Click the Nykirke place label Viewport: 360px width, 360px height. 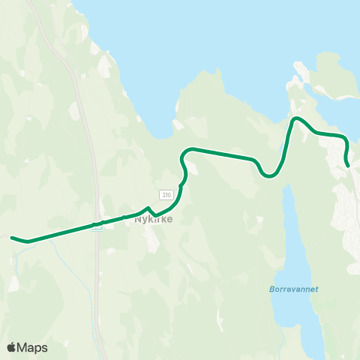pyautogui.click(x=149, y=220)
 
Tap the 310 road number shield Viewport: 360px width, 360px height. pyautogui.click(x=166, y=194)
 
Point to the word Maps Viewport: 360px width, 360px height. pyautogui.click(x=33, y=347)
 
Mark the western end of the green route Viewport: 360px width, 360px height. pyautogui.click(x=11, y=238)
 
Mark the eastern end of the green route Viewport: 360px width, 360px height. pyautogui.click(x=348, y=165)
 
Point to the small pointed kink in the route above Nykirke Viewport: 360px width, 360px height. pyautogui.click(x=149, y=208)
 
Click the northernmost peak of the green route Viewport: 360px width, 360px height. pyautogui.click(x=296, y=118)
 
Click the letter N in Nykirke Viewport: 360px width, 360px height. pyautogui.click(x=136, y=220)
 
